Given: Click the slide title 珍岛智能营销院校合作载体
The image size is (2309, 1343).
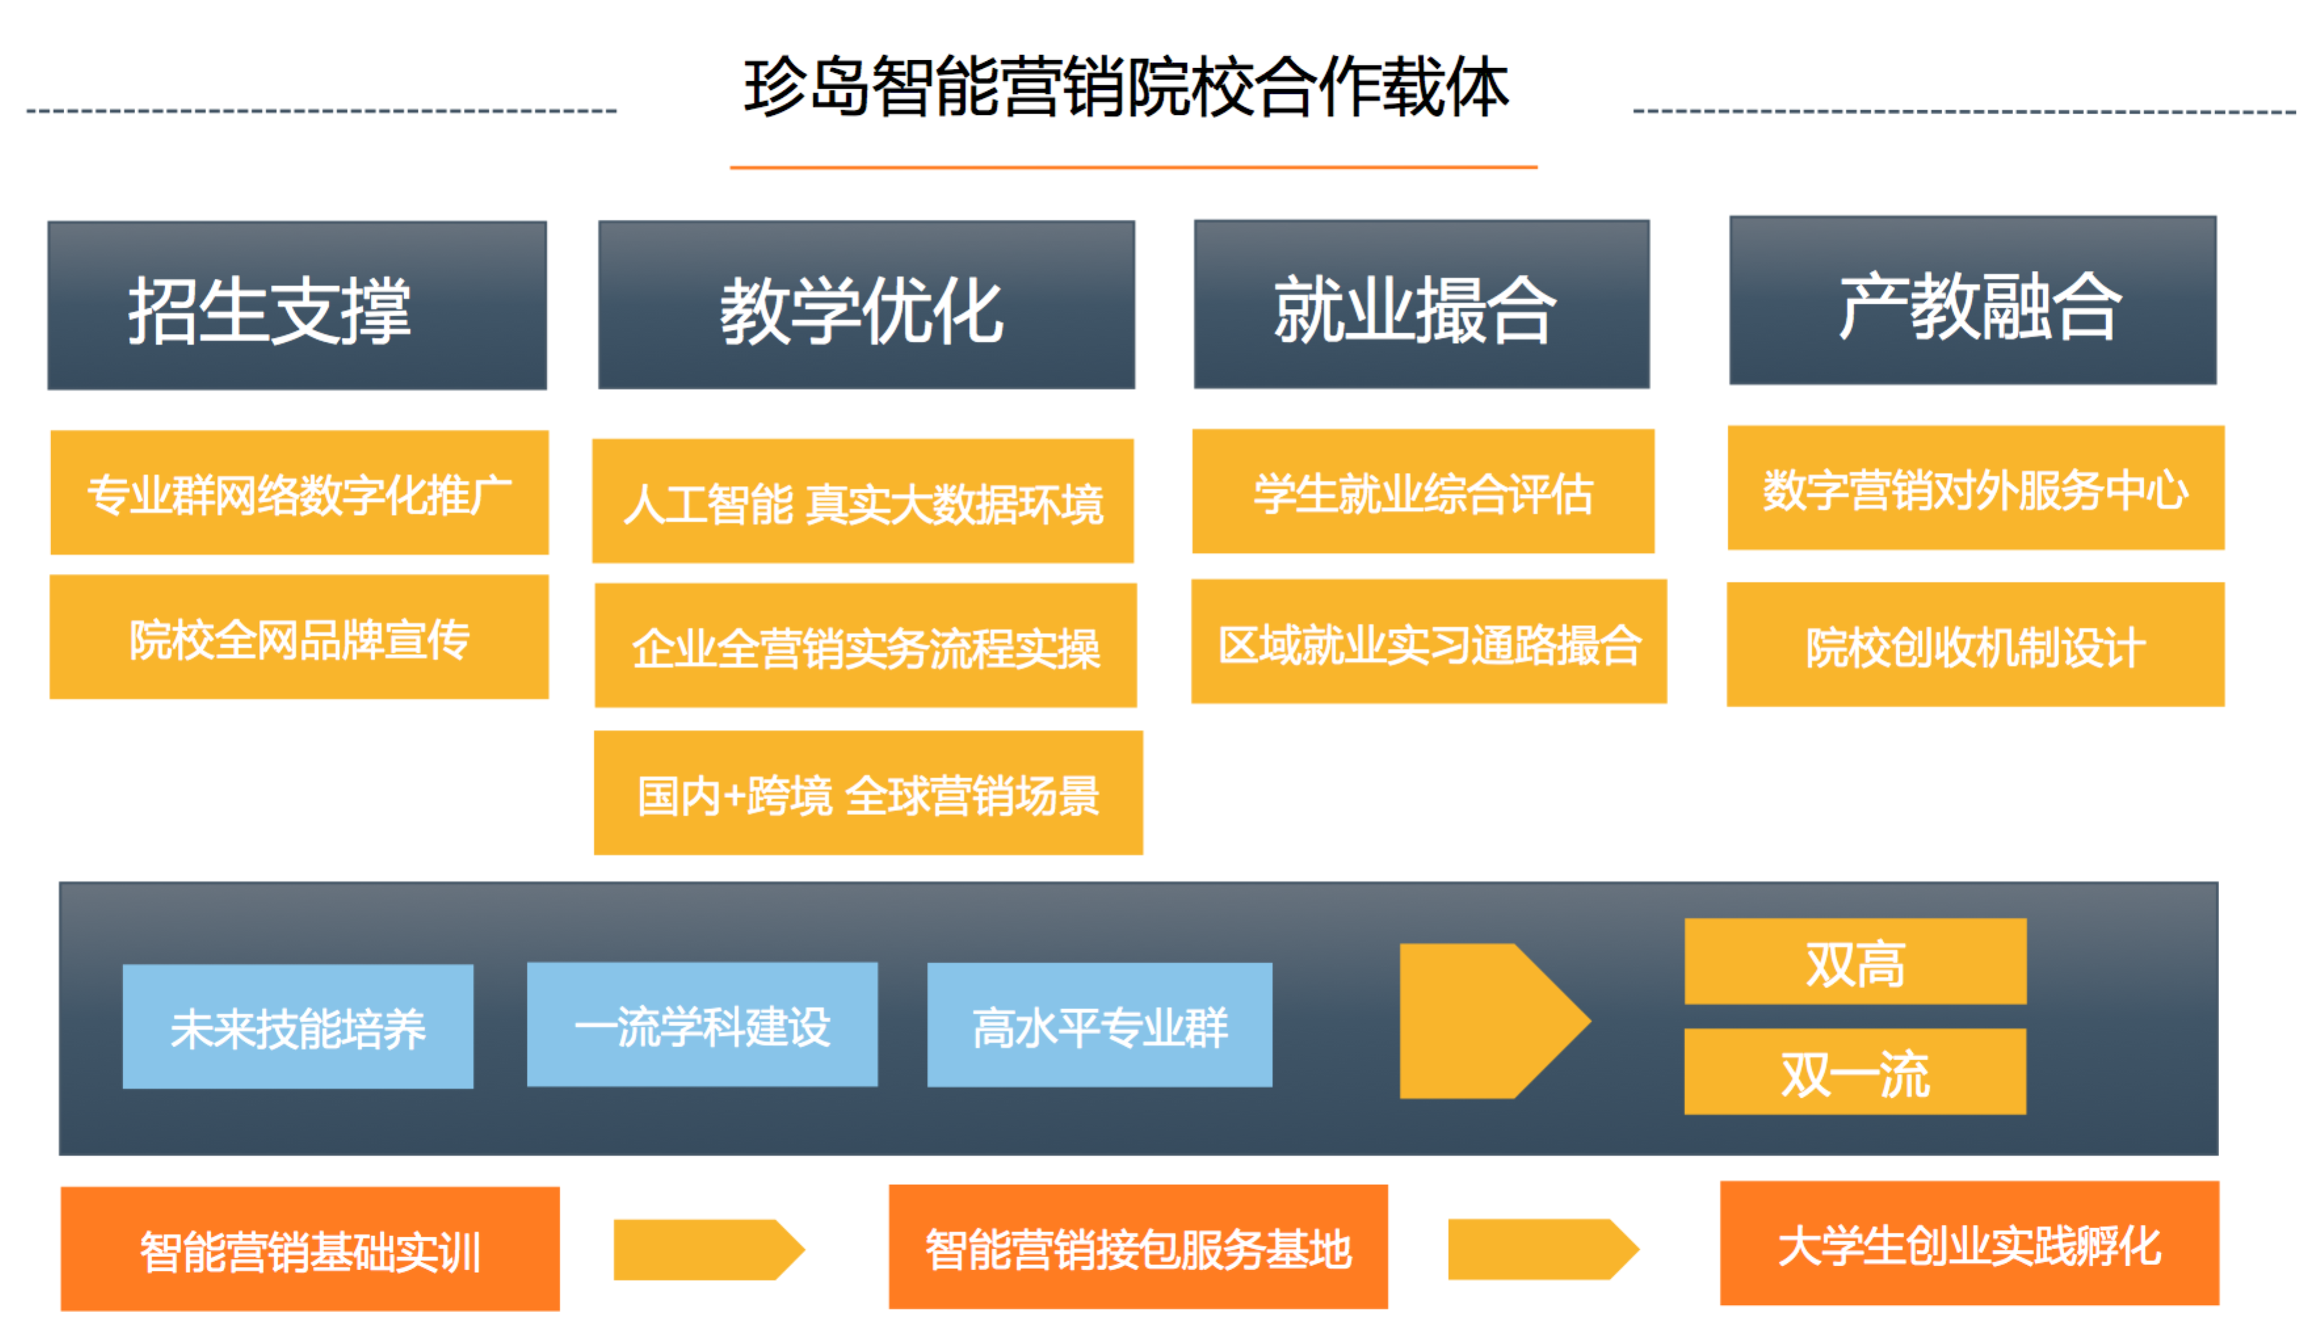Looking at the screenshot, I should coord(1125,87).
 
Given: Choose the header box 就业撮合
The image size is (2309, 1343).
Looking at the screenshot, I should coord(1420,304).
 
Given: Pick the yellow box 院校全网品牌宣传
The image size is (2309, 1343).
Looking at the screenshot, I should coord(298,637).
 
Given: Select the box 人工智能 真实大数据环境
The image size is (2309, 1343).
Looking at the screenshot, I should coord(862,501).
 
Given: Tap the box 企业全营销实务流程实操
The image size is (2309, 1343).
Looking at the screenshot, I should coord(865,646).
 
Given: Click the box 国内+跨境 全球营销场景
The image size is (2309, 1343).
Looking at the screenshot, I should coord(868,793).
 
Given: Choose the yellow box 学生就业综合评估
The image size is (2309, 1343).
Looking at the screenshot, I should coord(1422,492).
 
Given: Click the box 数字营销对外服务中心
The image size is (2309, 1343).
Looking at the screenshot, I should coord(1976,489).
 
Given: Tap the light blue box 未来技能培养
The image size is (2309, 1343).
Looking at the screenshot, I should coord(298,1026).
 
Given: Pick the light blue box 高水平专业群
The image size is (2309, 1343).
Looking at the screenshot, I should coord(1099,1025).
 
